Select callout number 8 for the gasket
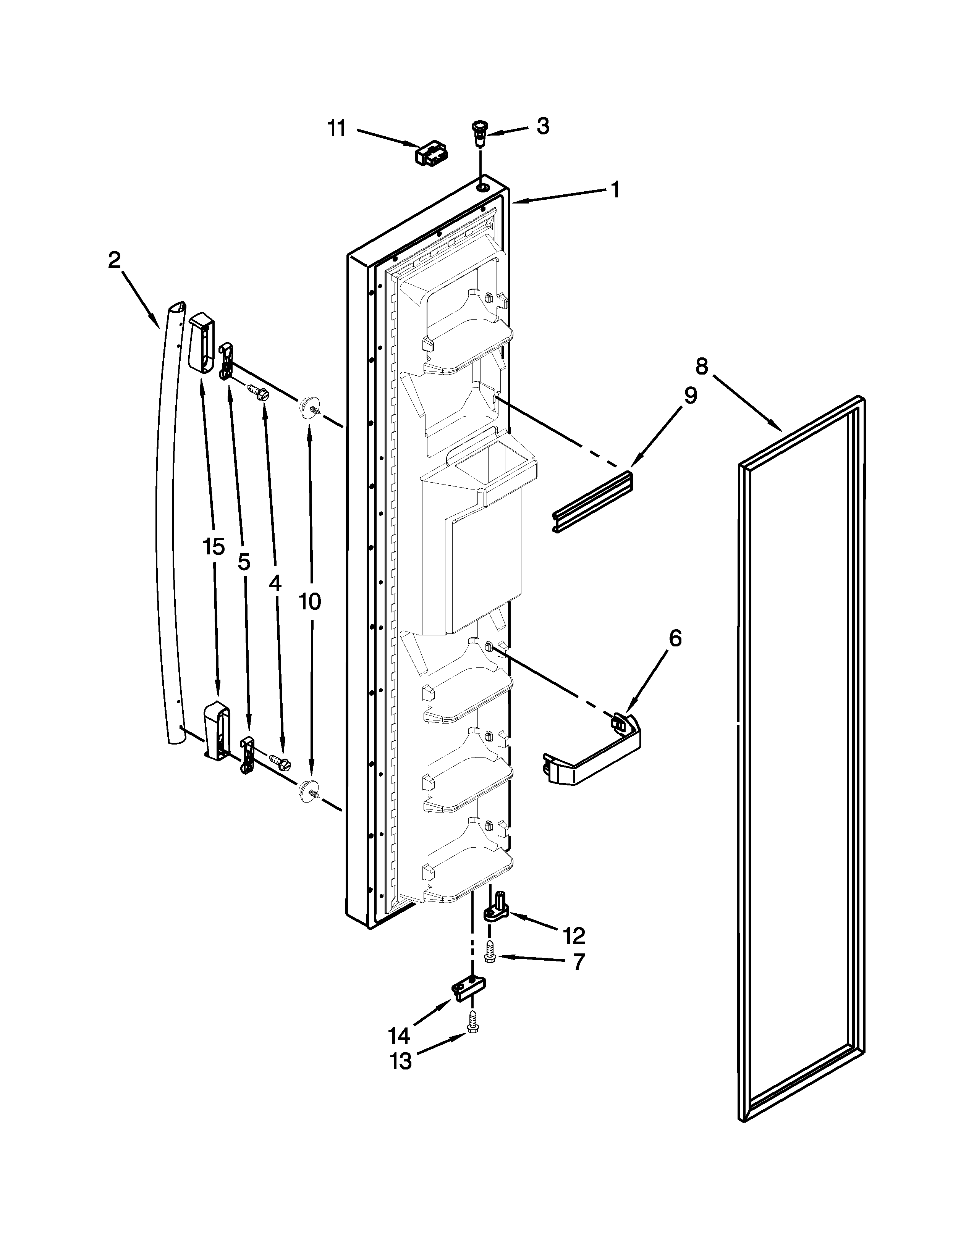coord(701,366)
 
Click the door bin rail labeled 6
coord(594,756)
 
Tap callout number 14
coord(399,1035)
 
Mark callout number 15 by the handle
coord(214,547)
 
